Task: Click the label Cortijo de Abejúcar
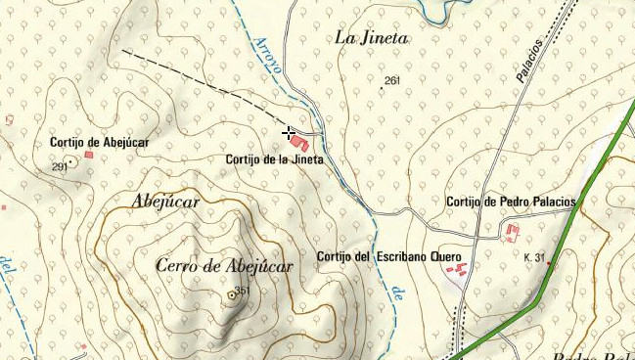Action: coord(99,143)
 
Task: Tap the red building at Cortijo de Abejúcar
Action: coord(88,154)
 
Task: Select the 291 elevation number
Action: coord(58,167)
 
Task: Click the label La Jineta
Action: coord(372,38)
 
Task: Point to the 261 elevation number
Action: coord(392,80)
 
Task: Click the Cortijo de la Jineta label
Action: coord(274,159)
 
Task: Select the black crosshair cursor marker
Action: coord(289,131)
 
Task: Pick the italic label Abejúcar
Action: coord(164,202)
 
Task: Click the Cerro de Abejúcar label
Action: coord(224,266)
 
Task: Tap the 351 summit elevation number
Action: coord(243,291)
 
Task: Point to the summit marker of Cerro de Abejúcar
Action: coord(232,294)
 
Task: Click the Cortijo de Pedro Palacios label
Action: coord(510,202)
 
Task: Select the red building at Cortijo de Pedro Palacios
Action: coord(511,232)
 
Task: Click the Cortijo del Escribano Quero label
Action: coord(388,256)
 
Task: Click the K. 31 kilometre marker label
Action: coord(534,257)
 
